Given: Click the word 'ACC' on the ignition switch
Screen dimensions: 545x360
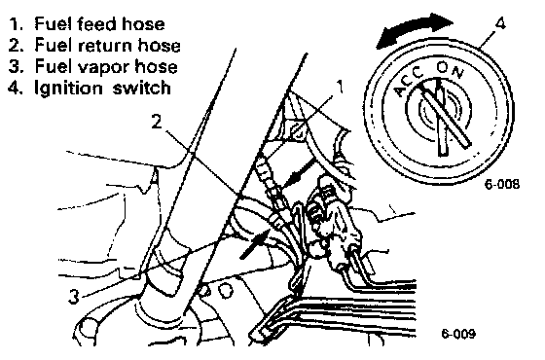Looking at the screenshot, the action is [x=408, y=85].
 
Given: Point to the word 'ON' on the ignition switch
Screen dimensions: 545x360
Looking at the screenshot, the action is [x=451, y=70].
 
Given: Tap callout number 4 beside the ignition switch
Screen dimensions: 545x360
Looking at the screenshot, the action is [x=499, y=24].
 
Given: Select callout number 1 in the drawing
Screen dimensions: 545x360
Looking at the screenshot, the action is [x=340, y=87].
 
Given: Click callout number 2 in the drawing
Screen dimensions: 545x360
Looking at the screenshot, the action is [x=157, y=122].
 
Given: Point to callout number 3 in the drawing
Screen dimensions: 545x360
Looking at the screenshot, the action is [x=73, y=297].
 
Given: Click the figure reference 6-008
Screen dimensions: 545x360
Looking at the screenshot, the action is [x=502, y=184].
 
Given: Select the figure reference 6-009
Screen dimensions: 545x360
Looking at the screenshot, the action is [x=458, y=334].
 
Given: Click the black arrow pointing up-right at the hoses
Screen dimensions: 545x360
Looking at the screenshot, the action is [x=255, y=244].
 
